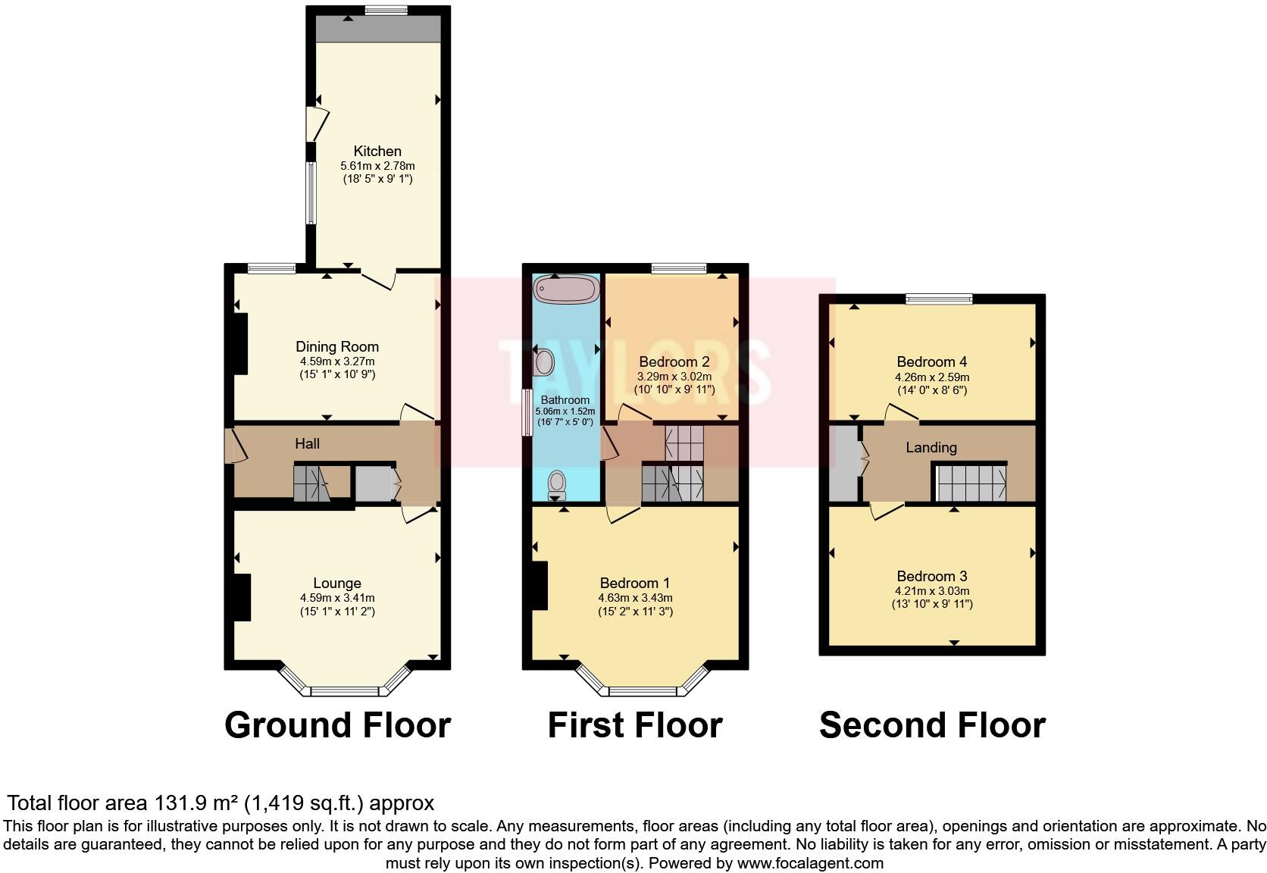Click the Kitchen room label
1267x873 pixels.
[377, 151]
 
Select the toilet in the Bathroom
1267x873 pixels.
[557, 483]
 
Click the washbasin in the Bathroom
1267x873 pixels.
[543, 362]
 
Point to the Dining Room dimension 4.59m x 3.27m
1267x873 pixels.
[337, 361]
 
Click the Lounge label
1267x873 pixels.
[337, 583]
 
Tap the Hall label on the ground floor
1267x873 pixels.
[307, 444]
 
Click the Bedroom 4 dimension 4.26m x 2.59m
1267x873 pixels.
[931, 377]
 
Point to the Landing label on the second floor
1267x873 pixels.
[931, 448]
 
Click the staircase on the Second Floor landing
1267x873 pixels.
[971, 483]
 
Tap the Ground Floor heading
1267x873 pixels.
[337, 725]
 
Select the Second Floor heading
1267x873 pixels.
[932, 725]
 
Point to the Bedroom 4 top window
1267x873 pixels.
[939, 299]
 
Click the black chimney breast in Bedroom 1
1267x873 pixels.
[540, 585]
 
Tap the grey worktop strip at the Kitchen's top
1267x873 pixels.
[377, 30]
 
